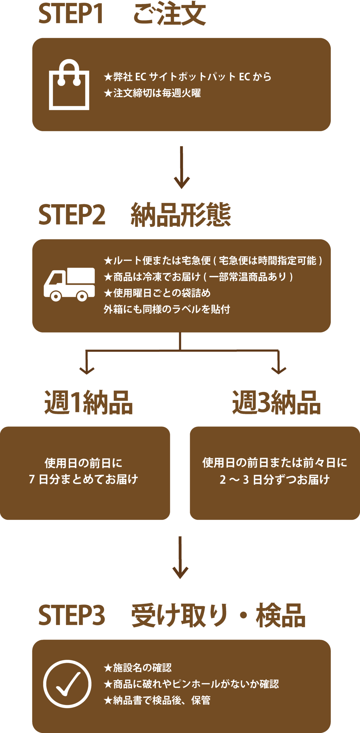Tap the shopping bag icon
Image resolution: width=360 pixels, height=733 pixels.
[x=69, y=85]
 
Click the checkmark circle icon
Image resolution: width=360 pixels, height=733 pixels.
[x=67, y=684]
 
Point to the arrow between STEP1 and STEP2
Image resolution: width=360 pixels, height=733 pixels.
[x=182, y=168]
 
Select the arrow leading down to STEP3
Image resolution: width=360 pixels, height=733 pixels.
[x=180, y=557]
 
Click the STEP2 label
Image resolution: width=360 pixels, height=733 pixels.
[x=72, y=215]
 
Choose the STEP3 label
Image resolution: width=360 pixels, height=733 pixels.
[x=72, y=616]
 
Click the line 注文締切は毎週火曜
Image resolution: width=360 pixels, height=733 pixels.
[x=152, y=93]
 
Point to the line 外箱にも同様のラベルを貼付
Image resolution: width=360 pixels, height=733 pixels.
[x=167, y=309]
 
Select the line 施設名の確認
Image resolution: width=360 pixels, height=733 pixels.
[x=138, y=668]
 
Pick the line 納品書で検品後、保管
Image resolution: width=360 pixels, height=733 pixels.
[x=157, y=700]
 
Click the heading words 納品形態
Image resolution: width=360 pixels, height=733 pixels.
[x=181, y=215]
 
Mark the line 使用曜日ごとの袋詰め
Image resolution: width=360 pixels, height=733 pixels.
[x=157, y=293]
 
